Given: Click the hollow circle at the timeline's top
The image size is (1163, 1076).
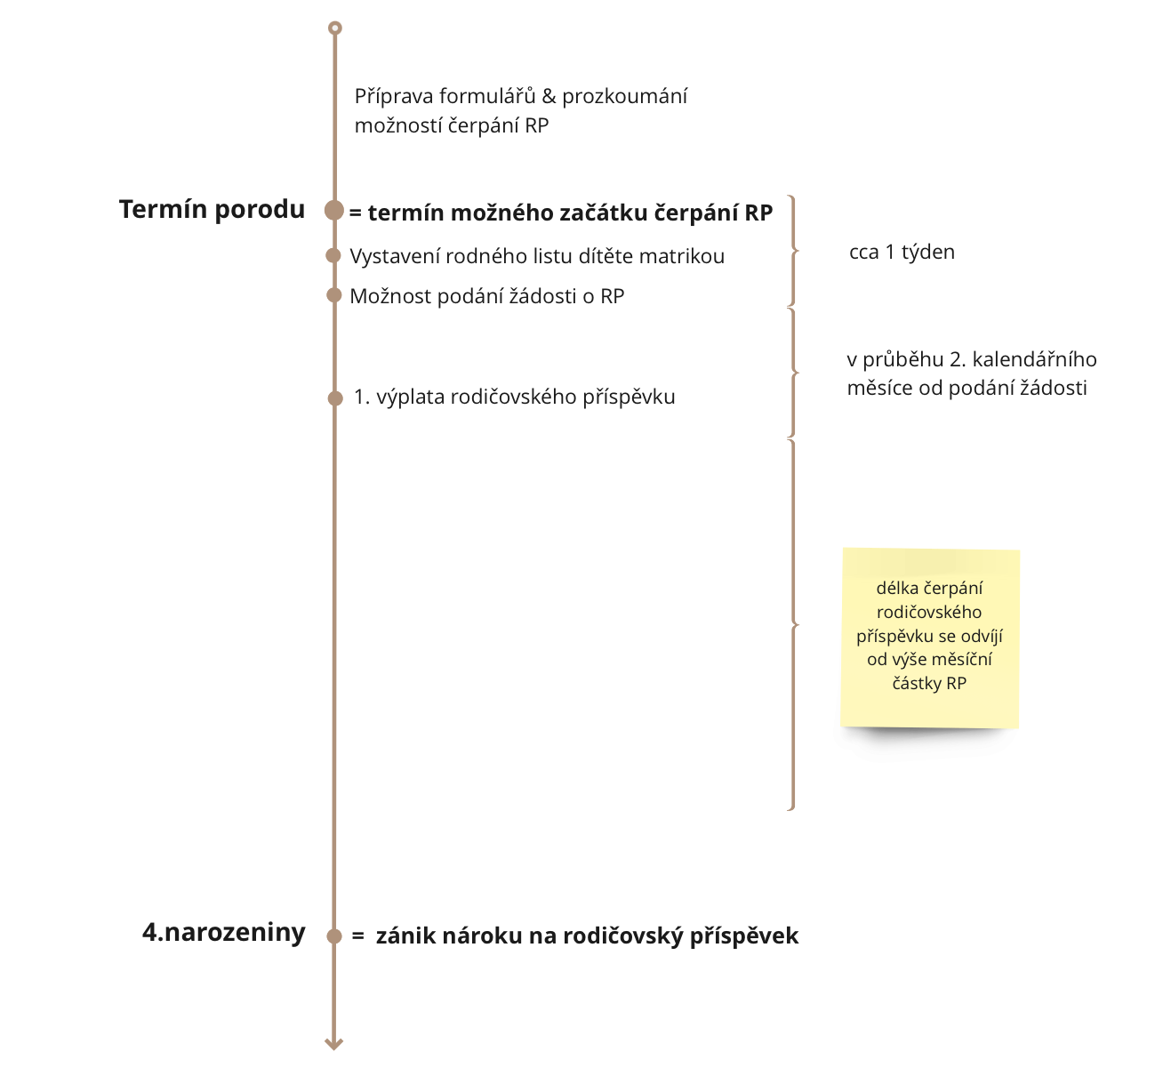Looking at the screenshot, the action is pyautogui.click(x=335, y=28).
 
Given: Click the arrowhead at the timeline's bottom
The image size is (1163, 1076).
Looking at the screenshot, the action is pyautogui.click(x=333, y=1044).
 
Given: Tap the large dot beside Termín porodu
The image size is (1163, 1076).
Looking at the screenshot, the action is pyautogui.click(x=334, y=210).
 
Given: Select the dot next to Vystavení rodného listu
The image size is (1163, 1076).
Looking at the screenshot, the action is pyautogui.click(x=333, y=255).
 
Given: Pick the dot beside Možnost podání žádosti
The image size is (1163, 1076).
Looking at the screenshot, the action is pyautogui.click(x=333, y=295).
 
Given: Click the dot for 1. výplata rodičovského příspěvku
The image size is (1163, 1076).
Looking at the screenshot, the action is pyautogui.click(x=335, y=398).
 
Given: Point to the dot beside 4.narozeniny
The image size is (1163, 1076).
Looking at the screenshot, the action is pyautogui.click(x=334, y=936).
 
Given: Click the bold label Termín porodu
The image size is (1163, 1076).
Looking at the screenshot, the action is pyautogui.click(x=212, y=210).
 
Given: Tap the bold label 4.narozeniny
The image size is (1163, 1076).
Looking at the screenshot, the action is pyautogui.click(x=224, y=932).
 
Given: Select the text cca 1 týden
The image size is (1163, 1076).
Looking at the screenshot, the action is pyautogui.click(x=902, y=252).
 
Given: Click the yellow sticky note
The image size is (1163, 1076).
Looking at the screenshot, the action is pyautogui.click(x=930, y=638).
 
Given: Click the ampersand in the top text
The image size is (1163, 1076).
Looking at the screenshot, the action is pyautogui.click(x=549, y=96).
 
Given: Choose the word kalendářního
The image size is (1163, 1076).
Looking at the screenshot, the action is pyautogui.click(x=1035, y=359).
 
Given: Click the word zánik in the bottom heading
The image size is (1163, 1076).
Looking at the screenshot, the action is pyautogui.click(x=405, y=936).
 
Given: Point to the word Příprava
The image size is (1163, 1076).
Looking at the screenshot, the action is pyautogui.click(x=394, y=97).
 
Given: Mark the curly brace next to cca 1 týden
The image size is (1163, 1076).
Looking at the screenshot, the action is pyautogui.click(x=793, y=251).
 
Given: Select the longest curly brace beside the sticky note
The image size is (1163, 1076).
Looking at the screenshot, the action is pyautogui.click(x=793, y=625).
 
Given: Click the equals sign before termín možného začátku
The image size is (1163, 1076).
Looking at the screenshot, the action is pyautogui.click(x=355, y=213).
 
